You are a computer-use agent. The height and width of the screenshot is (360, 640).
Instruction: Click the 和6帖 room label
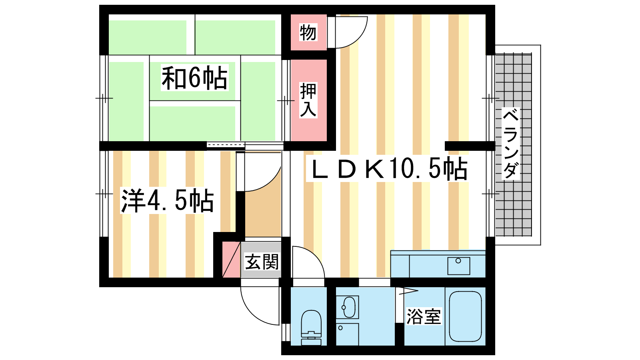194,78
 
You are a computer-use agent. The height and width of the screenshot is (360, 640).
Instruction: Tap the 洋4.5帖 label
168,200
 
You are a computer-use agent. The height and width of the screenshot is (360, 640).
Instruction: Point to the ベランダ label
510,144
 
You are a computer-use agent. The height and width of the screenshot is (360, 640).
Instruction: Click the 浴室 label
424,316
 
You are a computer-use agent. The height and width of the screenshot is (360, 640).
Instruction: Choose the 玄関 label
262,262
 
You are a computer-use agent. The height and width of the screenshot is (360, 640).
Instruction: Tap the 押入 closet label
308,100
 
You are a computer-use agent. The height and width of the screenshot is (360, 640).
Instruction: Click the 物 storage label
308,32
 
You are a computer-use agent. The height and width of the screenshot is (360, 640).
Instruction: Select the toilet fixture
311,328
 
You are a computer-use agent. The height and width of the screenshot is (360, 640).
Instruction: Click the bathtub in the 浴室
466,316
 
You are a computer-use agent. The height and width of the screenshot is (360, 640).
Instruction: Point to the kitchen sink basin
458,266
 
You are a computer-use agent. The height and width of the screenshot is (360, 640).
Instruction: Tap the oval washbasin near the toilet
349,307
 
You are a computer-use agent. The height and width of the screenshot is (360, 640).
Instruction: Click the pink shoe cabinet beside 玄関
231,260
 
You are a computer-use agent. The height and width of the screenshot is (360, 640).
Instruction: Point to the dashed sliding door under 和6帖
226,145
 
